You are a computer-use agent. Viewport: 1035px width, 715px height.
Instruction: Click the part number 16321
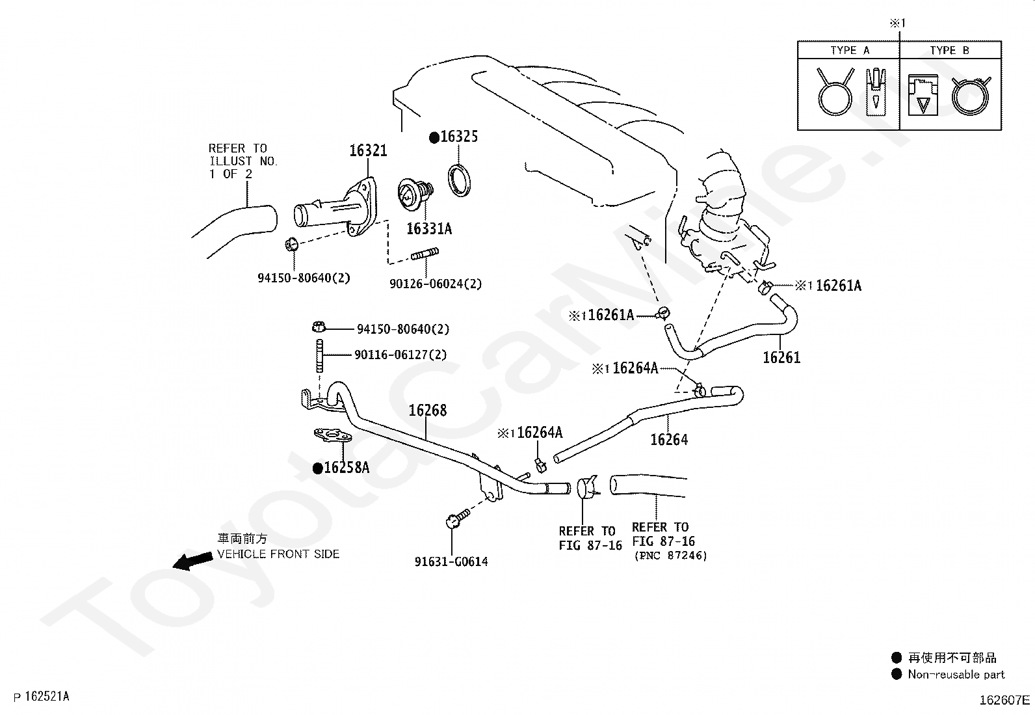368,150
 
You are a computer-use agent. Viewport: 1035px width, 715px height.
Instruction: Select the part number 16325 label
458,137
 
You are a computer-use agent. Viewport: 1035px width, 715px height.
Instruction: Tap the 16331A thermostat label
428,228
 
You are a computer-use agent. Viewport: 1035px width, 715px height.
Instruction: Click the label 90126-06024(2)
436,284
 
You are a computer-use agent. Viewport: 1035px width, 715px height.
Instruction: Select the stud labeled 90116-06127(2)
321,356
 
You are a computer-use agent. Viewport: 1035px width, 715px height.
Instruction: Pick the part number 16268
427,411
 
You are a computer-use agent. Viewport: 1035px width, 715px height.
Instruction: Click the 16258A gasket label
346,467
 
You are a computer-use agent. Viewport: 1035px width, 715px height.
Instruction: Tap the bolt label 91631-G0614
451,561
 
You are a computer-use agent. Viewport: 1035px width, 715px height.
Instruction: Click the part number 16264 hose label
669,439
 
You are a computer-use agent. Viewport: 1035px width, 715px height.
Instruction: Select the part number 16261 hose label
781,357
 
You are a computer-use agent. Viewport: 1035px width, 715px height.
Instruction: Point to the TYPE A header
849,50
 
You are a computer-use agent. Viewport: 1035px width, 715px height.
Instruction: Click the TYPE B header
949,50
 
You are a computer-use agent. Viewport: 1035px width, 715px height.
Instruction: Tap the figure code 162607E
1004,700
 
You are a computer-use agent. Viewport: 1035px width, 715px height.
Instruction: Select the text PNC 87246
670,556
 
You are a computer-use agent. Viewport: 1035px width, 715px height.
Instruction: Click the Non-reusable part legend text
956,675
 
